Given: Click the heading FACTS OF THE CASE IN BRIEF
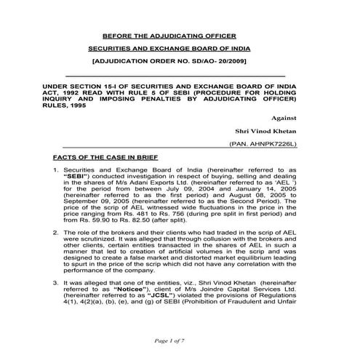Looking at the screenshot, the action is tap(106, 157).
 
